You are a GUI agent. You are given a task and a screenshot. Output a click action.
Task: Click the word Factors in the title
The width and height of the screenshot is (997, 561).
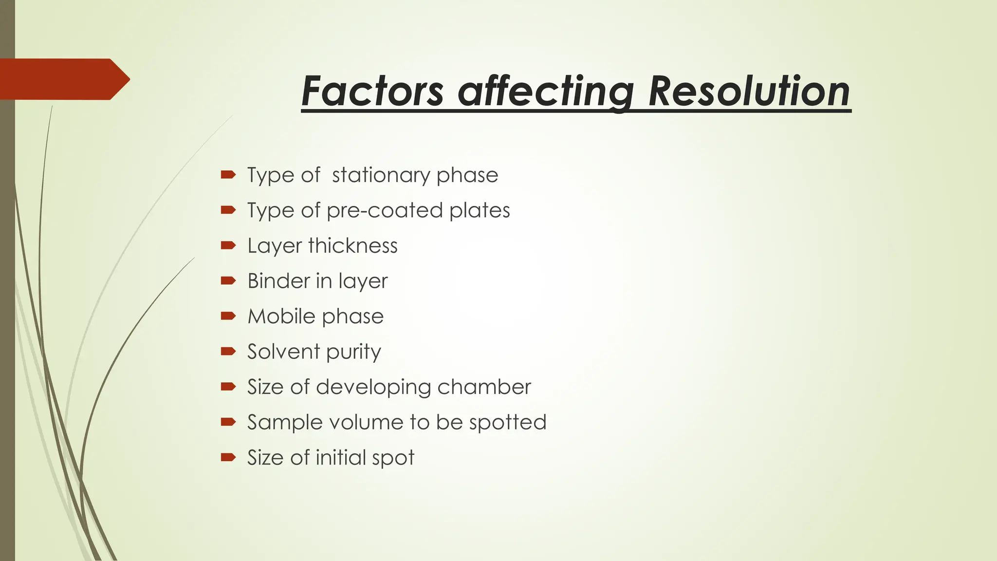pyautogui.click(x=372, y=91)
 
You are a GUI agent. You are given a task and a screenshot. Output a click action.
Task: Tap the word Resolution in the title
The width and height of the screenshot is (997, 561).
pyautogui.click(x=749, y=91)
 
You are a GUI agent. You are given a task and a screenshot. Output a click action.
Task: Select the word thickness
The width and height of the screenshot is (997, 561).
pyautogui.click(x=353, y=246)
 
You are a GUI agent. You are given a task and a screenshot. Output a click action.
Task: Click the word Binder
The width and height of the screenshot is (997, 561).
pyautogui.click(x=278, y=281)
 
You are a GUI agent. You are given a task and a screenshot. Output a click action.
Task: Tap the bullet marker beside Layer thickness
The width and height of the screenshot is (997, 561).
pyautogui.click(x=228, y=245)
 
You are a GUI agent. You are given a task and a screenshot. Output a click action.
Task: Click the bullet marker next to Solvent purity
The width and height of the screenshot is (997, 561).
pyautogui.click(x=228, y=351)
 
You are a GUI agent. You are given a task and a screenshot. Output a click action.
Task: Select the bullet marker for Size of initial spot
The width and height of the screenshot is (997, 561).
pyautogui.click(x=228, y=457)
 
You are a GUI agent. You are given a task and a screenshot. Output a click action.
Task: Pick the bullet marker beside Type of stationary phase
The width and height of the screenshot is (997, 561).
pyautogui.click(x=228, y=174)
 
